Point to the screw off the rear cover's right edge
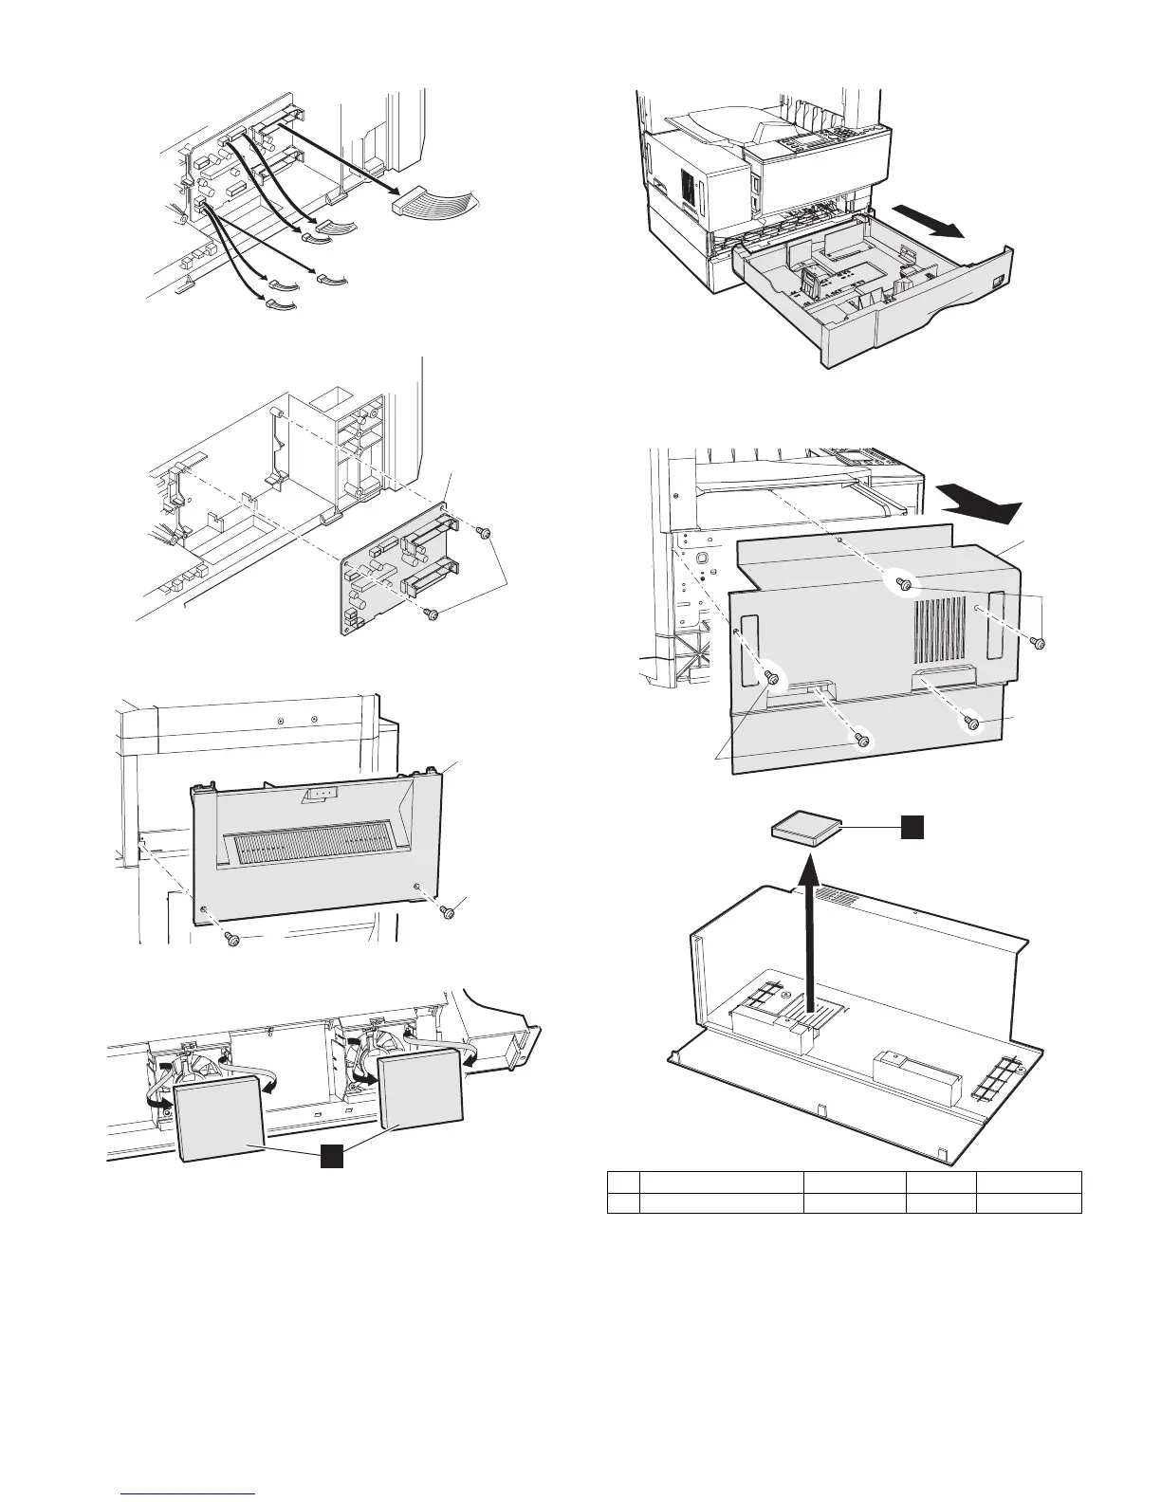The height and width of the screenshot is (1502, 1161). [x=1039, y=644]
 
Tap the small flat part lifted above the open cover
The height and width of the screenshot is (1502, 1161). [x=804, y=832]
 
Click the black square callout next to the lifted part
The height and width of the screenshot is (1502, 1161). [x=912, y=828]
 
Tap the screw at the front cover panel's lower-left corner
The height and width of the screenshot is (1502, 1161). [x=230, y=939]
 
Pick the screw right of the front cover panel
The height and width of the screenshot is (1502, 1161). [x=448, y=912]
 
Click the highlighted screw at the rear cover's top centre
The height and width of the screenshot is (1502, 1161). [x=904, y=585]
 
